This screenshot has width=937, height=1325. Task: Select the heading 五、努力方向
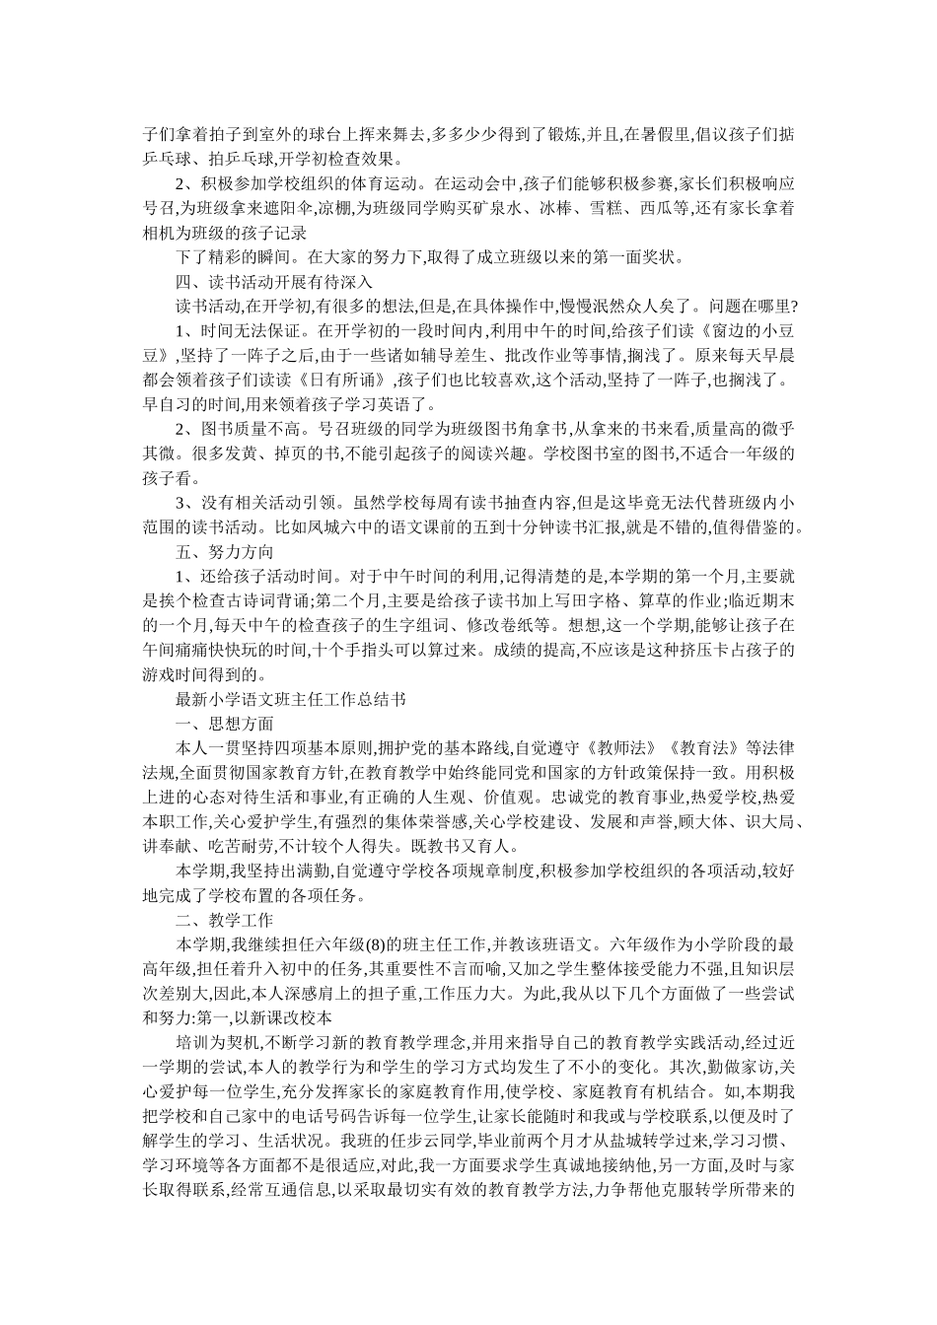(224, 551)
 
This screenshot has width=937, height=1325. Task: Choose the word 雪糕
(602, 209)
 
